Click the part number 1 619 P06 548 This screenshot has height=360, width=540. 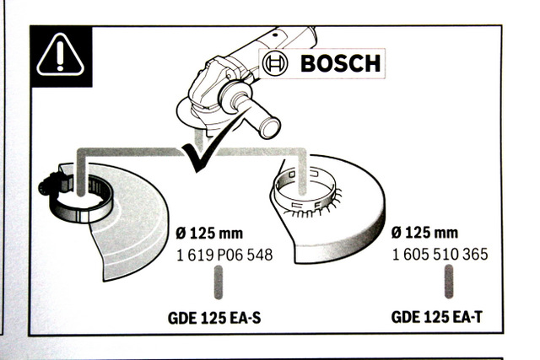pos(224,255)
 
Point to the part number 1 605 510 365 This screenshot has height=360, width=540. pos(440,255)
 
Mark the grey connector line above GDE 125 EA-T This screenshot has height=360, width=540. pos(450,280)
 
